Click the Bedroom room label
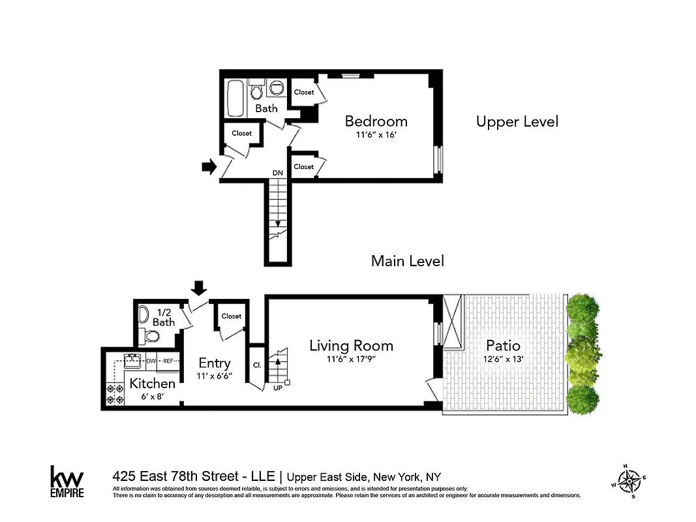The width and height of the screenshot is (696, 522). coord(376,121)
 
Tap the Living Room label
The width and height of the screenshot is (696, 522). coord(351,346)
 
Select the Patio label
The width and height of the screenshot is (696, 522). coord(503,345)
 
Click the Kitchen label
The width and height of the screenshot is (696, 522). coord(152,384)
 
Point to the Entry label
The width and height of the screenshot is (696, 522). coord(215,363)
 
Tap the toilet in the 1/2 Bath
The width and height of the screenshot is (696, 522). coord(151,337)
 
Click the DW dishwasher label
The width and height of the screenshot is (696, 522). coord(151,361)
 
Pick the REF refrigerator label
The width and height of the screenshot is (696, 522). coord(168,361)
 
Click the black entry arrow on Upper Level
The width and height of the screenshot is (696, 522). coord(209,167)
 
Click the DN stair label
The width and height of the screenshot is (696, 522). coord(278,173)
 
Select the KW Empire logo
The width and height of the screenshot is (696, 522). coord(67,482)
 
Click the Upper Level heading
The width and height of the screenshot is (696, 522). coord(517,121)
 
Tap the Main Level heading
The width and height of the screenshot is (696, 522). coord(407,261)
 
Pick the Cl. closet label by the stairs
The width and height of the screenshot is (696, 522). coord(256,365)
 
